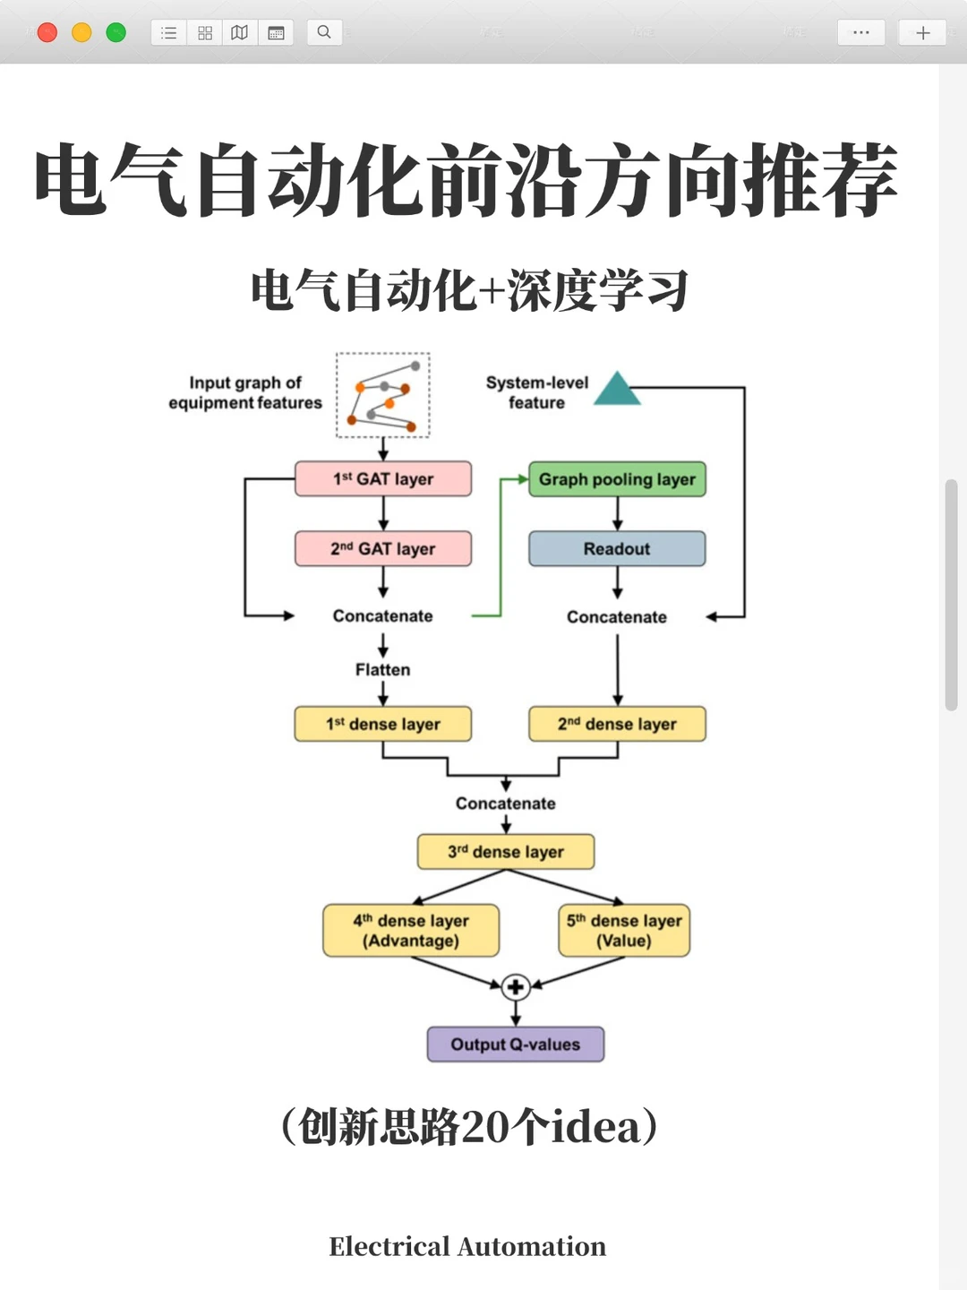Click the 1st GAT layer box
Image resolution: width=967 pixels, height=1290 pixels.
point(383,478)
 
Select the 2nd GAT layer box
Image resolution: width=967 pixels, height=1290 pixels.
point(383,548)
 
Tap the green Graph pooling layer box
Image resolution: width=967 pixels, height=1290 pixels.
point(617,479)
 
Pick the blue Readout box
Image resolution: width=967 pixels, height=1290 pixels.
point(617,548)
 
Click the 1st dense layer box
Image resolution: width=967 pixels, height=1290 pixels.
point(383,724)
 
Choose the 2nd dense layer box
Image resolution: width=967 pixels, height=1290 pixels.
point(617,724)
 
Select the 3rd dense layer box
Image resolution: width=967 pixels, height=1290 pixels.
point(506,852)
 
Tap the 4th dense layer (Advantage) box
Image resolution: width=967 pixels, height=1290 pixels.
point(411,931)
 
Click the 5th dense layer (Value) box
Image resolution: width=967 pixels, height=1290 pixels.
point(624,931)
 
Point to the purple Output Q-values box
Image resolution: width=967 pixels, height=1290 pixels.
point(515,1045)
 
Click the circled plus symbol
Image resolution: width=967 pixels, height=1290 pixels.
point(515,987)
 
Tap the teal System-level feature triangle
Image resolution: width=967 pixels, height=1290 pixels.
point(617,391)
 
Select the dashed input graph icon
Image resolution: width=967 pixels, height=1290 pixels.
point(383,395)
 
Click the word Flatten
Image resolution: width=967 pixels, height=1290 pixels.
point(383,670)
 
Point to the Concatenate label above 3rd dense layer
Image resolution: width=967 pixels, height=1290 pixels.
point(506,804)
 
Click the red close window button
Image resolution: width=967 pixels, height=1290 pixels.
point(47,33)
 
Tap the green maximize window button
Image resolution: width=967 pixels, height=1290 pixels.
point(116,33)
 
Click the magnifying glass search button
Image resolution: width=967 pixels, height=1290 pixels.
point(324,33)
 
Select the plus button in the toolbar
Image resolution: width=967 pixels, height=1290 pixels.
point(922,33)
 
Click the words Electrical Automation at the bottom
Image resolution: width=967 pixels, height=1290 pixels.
point(467,1246)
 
